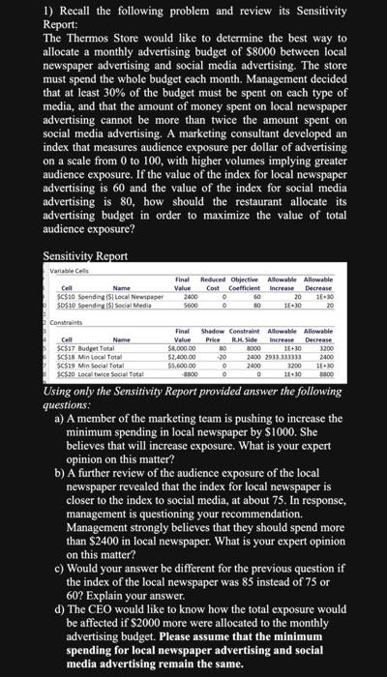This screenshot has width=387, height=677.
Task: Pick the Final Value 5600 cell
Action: click(x=191, y=304)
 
